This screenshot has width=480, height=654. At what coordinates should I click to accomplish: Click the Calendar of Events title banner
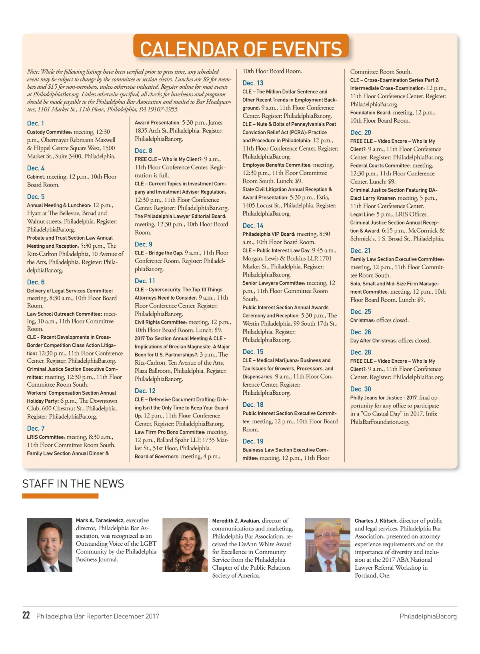[x=241, y=48]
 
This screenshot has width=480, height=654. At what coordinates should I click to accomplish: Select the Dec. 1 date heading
[x=36, y=123]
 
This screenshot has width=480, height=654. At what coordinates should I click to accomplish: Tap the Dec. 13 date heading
[x=253, y=83]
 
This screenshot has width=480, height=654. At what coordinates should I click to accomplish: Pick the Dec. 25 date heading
[x=360, y=312]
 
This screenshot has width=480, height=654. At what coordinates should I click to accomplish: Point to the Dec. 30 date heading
[x=360, y=389]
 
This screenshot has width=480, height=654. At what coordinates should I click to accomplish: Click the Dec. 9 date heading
[x=143, y=245]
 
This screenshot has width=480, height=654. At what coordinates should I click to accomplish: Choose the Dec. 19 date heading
[x=253, y=441]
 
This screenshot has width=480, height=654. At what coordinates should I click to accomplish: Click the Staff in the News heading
[x=73, y=484]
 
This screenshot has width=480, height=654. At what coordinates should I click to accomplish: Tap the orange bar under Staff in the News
[x=60, y=496]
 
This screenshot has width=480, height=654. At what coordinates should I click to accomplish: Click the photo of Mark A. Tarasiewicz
[x=50, y=545]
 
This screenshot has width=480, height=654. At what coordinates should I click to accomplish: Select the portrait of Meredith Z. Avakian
[x=185, y=545]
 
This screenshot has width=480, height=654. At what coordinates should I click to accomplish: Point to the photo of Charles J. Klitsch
[x=327, y=545]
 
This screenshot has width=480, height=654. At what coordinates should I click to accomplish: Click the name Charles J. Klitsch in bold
[x=376, y=521]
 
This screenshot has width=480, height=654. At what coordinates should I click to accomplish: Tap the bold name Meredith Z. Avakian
[x=236, y=521]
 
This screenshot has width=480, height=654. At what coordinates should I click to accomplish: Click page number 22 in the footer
[x=26, y=616]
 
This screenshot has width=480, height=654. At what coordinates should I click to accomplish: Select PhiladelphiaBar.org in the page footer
[x=428, y=616]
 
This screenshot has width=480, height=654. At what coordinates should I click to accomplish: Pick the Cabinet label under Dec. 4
[x=36, y=177]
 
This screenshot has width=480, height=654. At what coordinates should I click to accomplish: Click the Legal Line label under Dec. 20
[x=362, y=215]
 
